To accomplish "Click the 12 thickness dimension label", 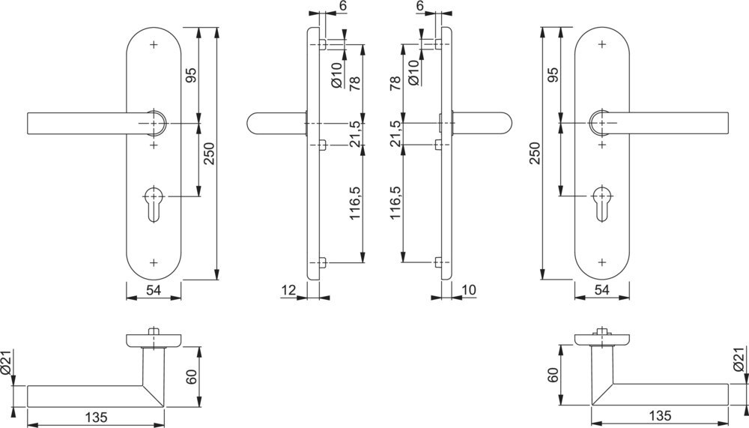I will click(x=288, y=289).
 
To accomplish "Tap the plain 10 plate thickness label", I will click(x=470, y=289).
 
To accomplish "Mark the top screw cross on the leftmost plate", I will click(x=154, y=45).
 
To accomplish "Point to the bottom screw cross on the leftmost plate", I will click(x=154, y=262).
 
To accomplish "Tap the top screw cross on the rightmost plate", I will click(x=602, y=45).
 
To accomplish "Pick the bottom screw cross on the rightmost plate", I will click(x=602, y=262).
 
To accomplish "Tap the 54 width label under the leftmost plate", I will click(x=153, y=289).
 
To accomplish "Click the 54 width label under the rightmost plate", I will click(x=601, y=289).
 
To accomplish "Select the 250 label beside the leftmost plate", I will click(x=210, y=154).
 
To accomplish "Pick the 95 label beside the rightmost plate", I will click(x=554, y=75).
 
